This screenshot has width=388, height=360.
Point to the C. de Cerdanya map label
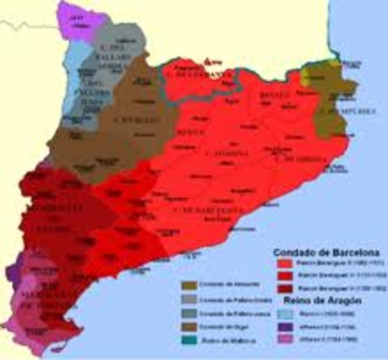[x=196, y=76]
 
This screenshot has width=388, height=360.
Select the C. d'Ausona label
[x=225, y=154]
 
